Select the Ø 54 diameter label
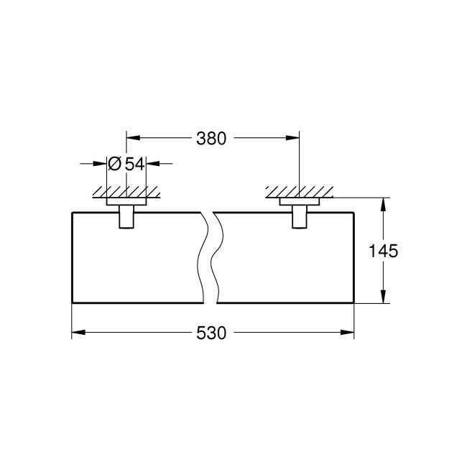[x=126, y=164]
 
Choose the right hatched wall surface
[x=298, y=193]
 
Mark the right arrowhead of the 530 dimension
[x=349, y=333]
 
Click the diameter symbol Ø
[x=114, y=164]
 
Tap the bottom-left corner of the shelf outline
[x=72, y=303]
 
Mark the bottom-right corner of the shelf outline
[x=354, y=303]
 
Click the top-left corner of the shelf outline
[x=72, y=212]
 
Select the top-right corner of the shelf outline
[x=354, y=212]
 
